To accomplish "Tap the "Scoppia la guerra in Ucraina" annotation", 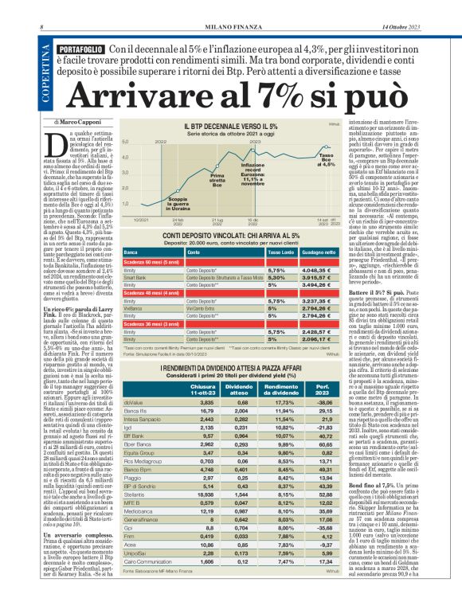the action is [180, 204].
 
